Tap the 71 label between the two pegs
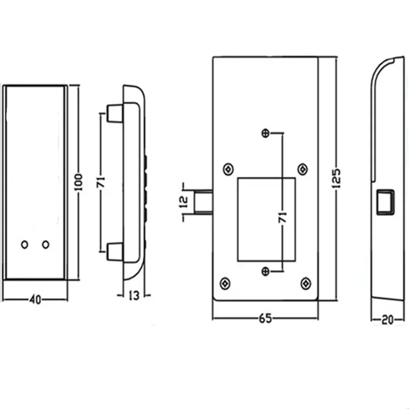pos(101,183)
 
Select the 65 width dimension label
pos(264,318)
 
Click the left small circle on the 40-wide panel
pos(24,245)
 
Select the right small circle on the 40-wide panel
pos(46,245)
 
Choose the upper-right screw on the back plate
pos(302,169)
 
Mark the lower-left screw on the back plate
pos(225,282)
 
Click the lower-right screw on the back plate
pos(305,282)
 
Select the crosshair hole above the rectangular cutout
pos(265,133)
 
